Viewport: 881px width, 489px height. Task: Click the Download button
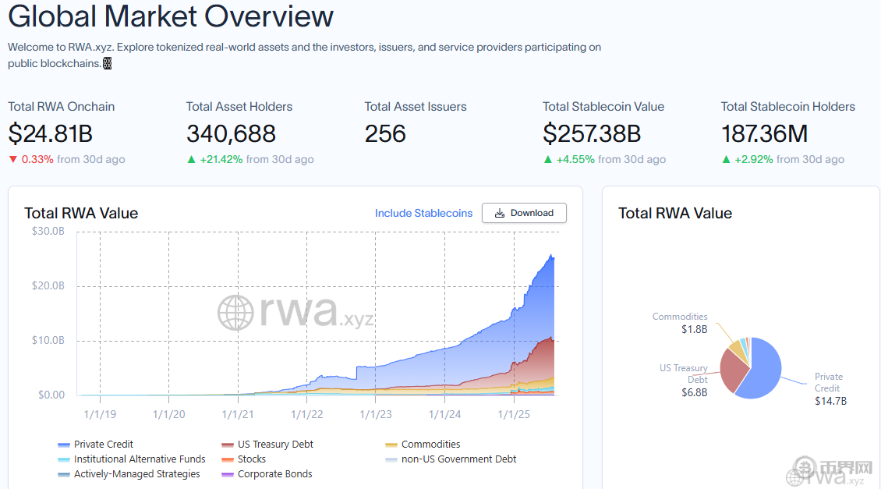[x=524, y=213]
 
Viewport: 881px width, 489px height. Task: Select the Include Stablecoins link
[x=423, y=213]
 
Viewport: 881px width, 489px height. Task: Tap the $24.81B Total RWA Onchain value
[x=51, y=134]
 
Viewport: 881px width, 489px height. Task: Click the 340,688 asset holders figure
[x=231, y=134]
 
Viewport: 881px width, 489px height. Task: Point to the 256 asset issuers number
[x=385, y=134]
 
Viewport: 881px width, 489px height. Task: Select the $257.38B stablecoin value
[x=592, y=134]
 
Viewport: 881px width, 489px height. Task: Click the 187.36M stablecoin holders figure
[x=764, y=134]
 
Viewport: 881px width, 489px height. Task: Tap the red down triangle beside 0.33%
[x=12, y=160]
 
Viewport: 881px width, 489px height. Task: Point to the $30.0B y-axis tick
[x=48, y=231]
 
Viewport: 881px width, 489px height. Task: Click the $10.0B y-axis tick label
[x=48, y=341]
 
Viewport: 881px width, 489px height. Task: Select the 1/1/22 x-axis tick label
[x=307, y=414]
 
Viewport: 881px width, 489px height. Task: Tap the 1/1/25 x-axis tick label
[x=514, y=414]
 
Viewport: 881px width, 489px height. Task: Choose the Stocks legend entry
[x=251, y=459]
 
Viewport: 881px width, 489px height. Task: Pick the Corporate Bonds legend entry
[x=274, y=474]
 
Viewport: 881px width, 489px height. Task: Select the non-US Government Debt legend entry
[x=458, y=459]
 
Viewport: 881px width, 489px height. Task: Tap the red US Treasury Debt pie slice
[x=732, y=368]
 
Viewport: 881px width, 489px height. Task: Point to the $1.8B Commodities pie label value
[x=694, y=329]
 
